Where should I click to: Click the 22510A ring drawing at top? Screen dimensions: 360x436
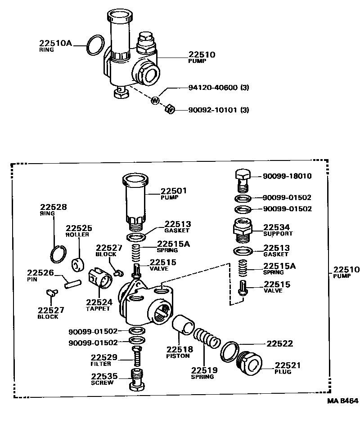pyautogui.click(x=95, y=45)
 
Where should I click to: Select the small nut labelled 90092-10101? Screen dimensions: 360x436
pyautogui.click(x=170, y=109)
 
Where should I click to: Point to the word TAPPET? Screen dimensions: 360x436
pyautogui.click(x=97, y=309)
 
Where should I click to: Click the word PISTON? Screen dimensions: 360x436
pyautogui.click(x=178, y=356)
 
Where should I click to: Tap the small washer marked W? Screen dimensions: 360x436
pyautogui.click(x=154, y=100)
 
